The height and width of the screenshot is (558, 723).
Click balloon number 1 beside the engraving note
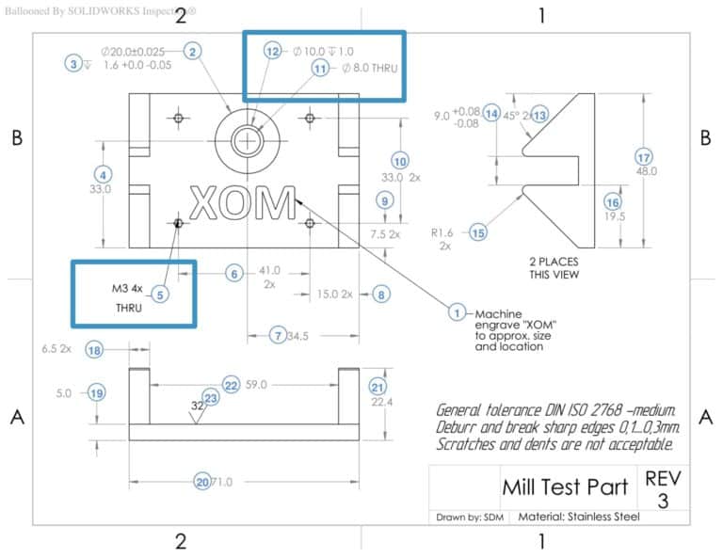(x=458, y=312)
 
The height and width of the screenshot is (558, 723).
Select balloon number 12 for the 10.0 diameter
(x=273, y=52)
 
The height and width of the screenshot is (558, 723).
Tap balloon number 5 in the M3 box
(x=160, y=295)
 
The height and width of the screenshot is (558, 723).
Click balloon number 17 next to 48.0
(x=644, y=156)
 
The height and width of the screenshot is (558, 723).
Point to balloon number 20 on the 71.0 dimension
(x=201, y=481)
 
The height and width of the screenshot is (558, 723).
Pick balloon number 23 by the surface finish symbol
(x=211, y=399)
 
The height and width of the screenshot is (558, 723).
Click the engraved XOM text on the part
(x=242, y=203)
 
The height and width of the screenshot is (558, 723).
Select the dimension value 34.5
(x=297, y=335)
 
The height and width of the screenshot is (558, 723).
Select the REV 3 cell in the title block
(x=663, y=488)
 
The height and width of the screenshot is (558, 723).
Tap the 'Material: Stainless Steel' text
(x=579, y=517)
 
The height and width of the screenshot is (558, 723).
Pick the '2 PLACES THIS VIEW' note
(x=554, y=267)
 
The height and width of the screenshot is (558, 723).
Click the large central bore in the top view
(x=248, y=141)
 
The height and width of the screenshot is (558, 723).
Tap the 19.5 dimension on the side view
(x=616, y=216)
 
